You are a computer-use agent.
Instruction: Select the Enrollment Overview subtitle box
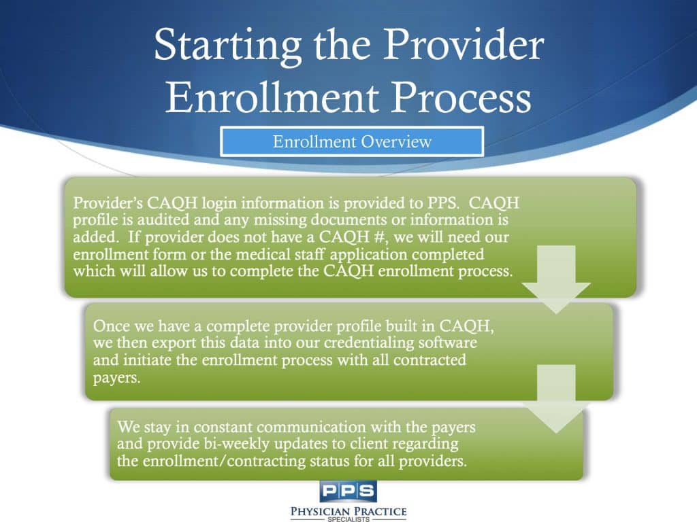coord(352,142)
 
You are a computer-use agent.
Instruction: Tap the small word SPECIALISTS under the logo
coord(348,518)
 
